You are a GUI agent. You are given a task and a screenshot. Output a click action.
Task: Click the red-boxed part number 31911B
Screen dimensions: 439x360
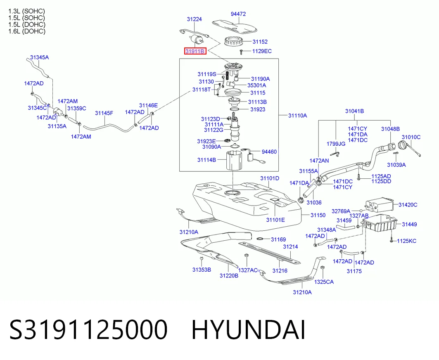pyautogui.click(x=195, y=51)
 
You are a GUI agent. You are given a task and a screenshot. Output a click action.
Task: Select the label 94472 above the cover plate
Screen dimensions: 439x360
pyautogui.click(x=238, y=14)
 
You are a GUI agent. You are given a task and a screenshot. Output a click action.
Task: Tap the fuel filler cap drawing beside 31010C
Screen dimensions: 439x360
pyautogui.click(x=402, y=146)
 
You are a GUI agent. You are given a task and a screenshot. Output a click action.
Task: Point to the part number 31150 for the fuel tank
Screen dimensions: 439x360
pyautogui.click(x=318, y=215)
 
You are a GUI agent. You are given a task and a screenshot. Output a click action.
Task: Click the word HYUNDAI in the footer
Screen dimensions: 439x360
pyautogui.click(x=248, y=330)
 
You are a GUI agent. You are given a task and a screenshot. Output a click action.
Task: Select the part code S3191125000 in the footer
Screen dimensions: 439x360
pyautogui.click(x=88, y=330)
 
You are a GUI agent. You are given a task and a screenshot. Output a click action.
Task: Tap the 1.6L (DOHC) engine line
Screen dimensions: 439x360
pyautogui.click(x=27, y=31)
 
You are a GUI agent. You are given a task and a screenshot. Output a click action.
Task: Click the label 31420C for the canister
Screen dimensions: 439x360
pyautogui.click(x=408, y=205)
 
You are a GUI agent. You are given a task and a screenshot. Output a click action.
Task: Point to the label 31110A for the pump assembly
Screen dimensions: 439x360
pyautogui.click(x=298, y=115)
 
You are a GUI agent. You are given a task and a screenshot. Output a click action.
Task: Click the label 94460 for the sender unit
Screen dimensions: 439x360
pyautogui.click(x=269, y=152)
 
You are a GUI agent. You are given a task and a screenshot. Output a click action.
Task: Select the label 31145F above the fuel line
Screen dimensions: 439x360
pyautogui.click(x=104, y=113)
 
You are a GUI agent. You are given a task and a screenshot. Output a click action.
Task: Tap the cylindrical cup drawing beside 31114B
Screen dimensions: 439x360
pyautogui.click(x=234, y=160)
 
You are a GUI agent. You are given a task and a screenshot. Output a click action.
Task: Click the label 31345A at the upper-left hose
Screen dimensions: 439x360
pyautogui.click(x=40, y=57)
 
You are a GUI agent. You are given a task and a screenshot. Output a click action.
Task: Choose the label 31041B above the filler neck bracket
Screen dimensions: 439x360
pyautogui.click(x=354, y=111)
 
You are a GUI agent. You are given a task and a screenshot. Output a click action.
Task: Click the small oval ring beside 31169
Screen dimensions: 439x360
pyautogui.click(x=260, y=239)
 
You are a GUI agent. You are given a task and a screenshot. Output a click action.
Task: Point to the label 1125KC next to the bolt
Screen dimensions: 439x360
pyautogui.click(x=406, y=241)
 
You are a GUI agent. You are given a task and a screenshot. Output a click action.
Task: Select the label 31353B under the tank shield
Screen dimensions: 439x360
pyautogui.click(x=202, y=270)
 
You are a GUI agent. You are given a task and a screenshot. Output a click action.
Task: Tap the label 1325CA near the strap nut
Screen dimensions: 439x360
pyautogui.click(x=324, y=282)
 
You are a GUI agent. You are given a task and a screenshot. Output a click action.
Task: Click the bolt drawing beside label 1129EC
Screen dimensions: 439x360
pyautogui.click(x=241, y=52)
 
